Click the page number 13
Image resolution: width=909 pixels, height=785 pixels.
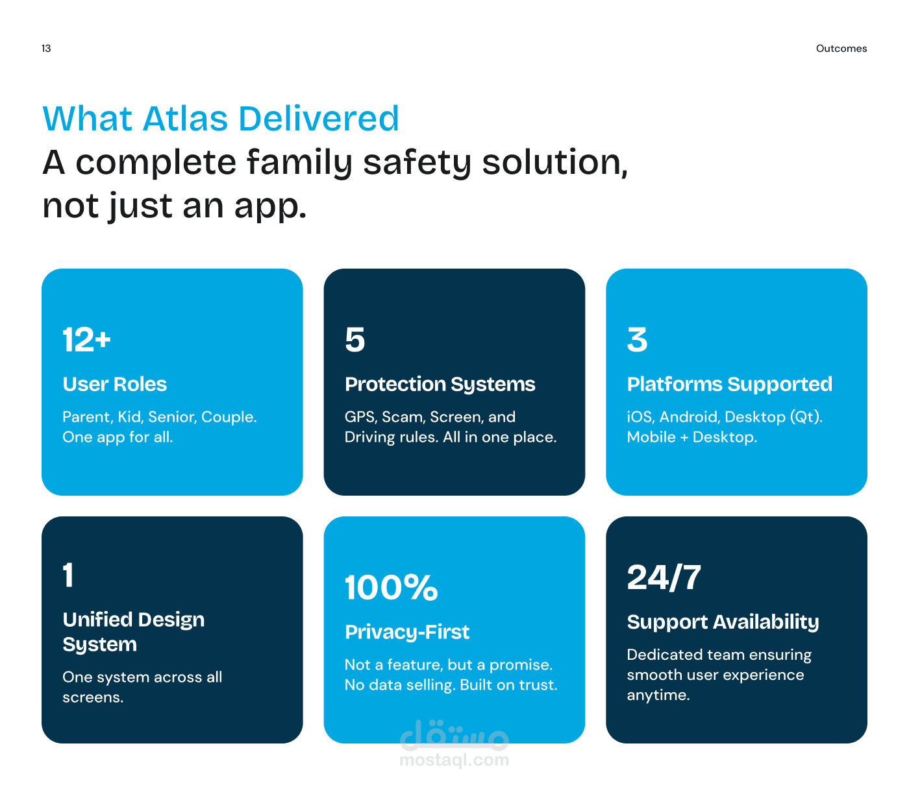click(46, 49)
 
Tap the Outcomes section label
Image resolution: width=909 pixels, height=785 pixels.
click(841, 49)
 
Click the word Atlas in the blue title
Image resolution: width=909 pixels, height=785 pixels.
click(185, 119)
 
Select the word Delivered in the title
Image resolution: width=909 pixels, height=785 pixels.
click(319, 119)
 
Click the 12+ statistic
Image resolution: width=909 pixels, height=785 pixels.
click(86, 340)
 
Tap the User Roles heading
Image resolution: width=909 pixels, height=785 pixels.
click(115, 384)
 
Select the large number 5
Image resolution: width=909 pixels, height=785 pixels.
click(355, 340)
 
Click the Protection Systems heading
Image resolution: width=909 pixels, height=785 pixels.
click(440, 385)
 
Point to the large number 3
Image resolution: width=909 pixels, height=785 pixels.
click(637, 340)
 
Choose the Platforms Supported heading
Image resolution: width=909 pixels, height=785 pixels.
click(730, 385)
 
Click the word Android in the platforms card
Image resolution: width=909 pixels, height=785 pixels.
click(690, 417)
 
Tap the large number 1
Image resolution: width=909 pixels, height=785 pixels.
click(68, 574)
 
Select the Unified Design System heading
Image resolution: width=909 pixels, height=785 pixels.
click(134, 632)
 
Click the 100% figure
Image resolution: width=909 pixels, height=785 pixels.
click(392, 587)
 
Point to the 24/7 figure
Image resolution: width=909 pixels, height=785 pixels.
click(664, 577)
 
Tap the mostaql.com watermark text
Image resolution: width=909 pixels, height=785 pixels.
click(454, 760)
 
